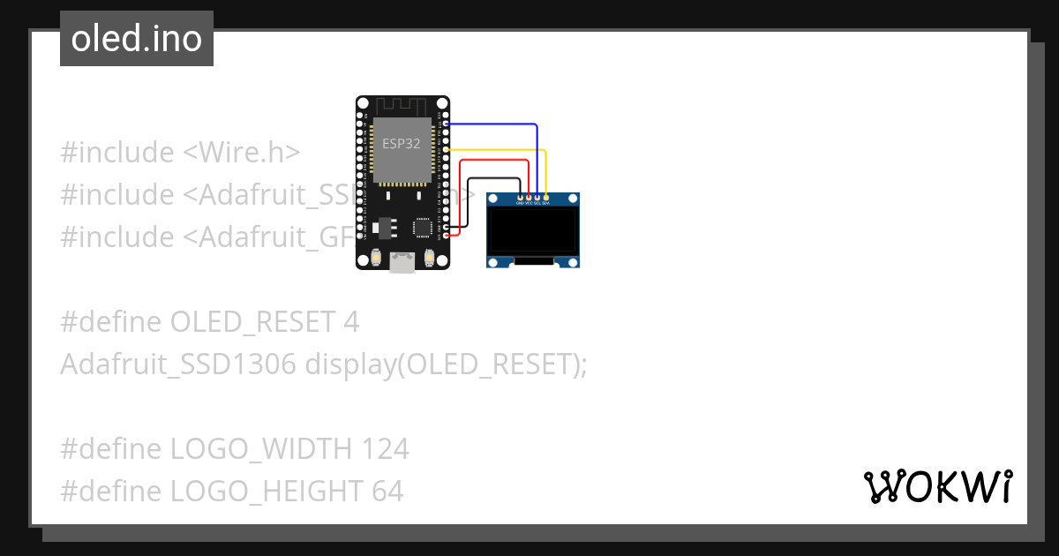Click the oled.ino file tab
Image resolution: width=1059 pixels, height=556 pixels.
tap(137, 39)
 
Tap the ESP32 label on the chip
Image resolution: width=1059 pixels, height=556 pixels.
tap(401, 143)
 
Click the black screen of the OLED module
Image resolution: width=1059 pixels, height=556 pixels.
tap(533, 230)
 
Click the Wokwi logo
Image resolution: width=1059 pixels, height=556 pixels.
tap(936, 486)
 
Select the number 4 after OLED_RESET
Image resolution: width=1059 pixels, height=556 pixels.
tap(350, 322)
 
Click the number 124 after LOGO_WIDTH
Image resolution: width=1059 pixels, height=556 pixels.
tap(385, 449)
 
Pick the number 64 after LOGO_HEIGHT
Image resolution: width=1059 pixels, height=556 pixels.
tap(387, 492)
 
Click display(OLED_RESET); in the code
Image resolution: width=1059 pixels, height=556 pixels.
tap(446, 364)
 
